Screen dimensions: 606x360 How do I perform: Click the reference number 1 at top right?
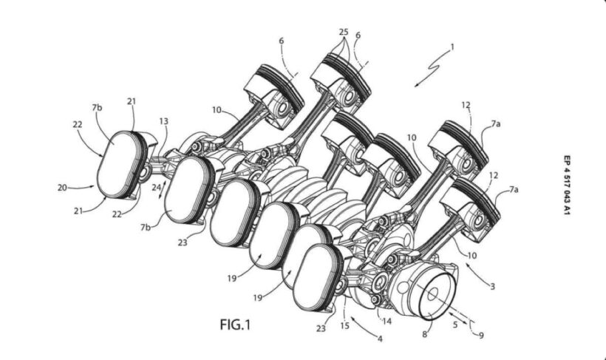point(452,47)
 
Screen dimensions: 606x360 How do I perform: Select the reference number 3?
point(492,287)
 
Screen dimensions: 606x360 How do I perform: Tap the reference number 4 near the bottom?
point(380,339)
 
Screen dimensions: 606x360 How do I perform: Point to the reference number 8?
point(424,334)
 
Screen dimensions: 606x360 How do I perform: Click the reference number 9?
point(481,336)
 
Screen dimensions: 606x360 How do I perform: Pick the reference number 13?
point(164,121)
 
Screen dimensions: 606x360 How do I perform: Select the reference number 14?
point(387,321)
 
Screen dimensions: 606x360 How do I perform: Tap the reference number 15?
point(344,325)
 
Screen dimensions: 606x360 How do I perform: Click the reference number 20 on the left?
point(62,188)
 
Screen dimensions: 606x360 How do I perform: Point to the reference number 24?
point(156,187)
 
